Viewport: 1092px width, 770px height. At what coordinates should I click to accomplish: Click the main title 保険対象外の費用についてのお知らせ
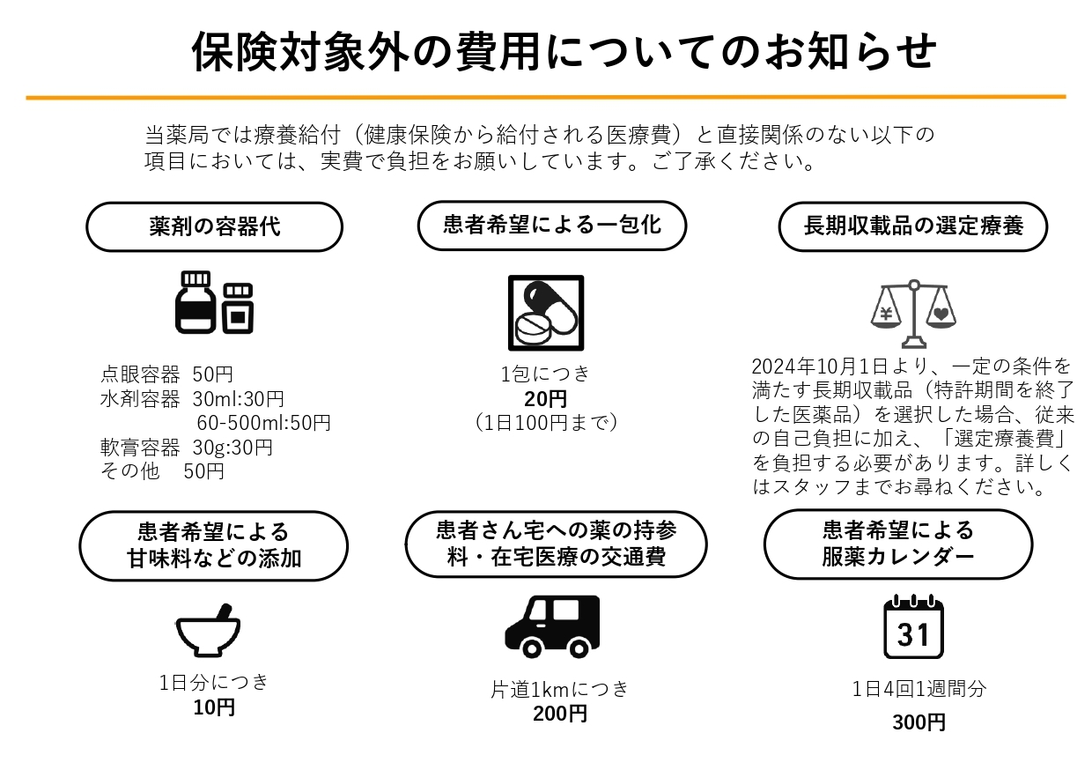tap(564, 51)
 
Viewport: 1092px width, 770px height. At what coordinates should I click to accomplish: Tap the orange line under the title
tap(546, 97)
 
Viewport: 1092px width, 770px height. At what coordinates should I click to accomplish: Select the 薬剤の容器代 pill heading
tap(215, 226)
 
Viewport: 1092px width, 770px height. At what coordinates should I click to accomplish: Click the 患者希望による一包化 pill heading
tap(552, 226)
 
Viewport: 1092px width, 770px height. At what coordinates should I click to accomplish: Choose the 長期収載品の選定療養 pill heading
tap(913, 226)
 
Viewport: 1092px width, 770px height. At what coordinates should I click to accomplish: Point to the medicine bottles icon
tap(215, 302)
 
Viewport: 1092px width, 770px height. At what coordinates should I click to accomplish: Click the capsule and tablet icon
tap(546, 313)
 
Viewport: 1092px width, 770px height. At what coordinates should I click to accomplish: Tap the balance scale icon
tap(913, 314)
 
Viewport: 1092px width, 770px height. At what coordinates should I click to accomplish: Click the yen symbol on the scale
tap(886, 314)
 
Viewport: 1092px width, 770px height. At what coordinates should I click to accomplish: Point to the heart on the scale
tap(941, 314)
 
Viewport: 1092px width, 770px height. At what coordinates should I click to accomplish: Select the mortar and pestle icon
tap(208, 631)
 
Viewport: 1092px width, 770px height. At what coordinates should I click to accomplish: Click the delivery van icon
tap(552, 626)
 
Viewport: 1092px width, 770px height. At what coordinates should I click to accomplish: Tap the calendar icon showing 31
tap(913, 626)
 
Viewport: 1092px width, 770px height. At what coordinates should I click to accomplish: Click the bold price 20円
tap(545, 399)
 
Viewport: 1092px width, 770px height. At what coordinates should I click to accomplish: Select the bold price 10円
tap(214, 707)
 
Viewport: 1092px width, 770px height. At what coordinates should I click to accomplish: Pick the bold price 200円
tap(560, 714)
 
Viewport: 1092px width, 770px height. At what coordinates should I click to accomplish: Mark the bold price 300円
tap(919, 722)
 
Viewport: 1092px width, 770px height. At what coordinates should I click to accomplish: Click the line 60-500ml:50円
tap(263, 423)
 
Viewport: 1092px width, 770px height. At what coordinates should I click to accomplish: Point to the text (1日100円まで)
tap(546, 423)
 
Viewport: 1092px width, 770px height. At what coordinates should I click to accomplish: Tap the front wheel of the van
tap(532, 648)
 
